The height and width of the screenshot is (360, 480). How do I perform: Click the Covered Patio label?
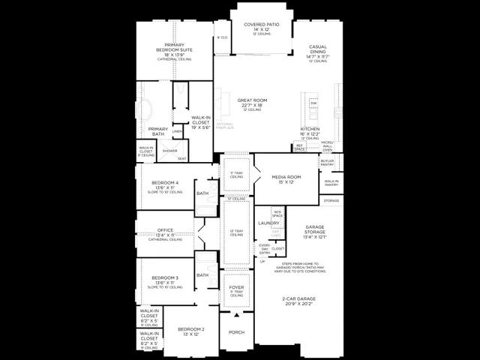[262, 24]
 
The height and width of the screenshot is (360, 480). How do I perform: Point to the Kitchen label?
[310, 129]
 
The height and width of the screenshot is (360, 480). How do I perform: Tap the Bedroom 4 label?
[165, 183]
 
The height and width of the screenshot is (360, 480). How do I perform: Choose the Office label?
[165, 230]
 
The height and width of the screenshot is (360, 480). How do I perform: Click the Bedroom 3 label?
[165, 277]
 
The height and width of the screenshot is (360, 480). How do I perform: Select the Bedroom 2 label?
[191, 330]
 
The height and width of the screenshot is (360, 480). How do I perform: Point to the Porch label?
[236, 332]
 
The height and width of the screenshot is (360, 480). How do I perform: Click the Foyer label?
[236, 286]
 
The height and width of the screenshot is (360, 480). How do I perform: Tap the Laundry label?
[268, 223]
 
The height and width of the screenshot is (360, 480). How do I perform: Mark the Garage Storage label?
[315, 231]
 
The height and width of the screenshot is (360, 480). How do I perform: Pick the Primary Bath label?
[158, 129]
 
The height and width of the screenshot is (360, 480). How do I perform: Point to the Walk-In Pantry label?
[331, 181]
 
